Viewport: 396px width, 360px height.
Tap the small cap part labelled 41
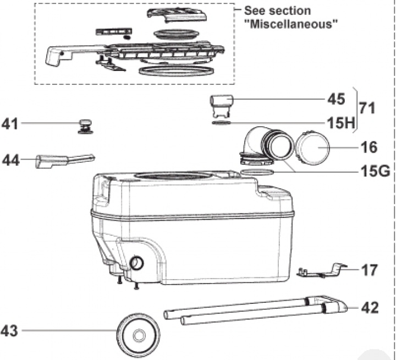[85, 126]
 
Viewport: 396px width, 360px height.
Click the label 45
[336, 99]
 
